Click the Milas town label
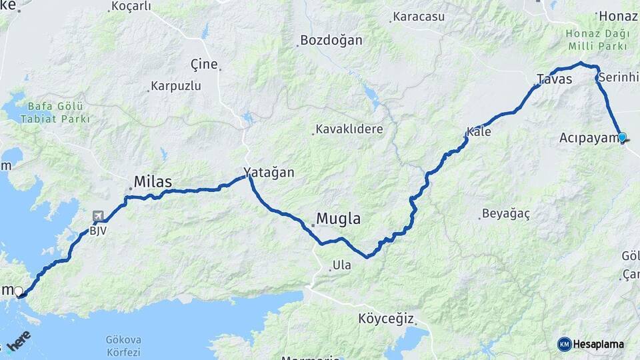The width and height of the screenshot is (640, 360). pyautogui.click(x=153, y=181)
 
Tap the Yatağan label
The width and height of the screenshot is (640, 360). pyautogui.click(x=269, y=172)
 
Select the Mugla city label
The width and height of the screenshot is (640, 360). pyautogui.click(x=338, y=218)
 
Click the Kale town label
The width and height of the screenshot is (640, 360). pyautogui.click(x=479, y=132)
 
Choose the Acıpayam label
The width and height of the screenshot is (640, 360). pyautogui.click(x=587, y=138)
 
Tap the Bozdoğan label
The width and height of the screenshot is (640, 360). pyautogui.click(x=331, y=40)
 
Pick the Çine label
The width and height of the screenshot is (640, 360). pyautogui.click(x=204, y=64)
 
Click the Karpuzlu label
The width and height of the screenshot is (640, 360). pyautogui.click(x=175, y=86)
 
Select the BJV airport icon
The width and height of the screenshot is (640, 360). pyautogui.click(x=99, y=217)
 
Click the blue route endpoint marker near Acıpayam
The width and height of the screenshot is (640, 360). pyautogui.click(x=622, y=137)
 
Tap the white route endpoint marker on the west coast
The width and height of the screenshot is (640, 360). pyautogui.click(x=18, y=291)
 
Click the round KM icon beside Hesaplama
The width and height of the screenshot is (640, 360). pyautogui.click(x=565, y=344)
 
